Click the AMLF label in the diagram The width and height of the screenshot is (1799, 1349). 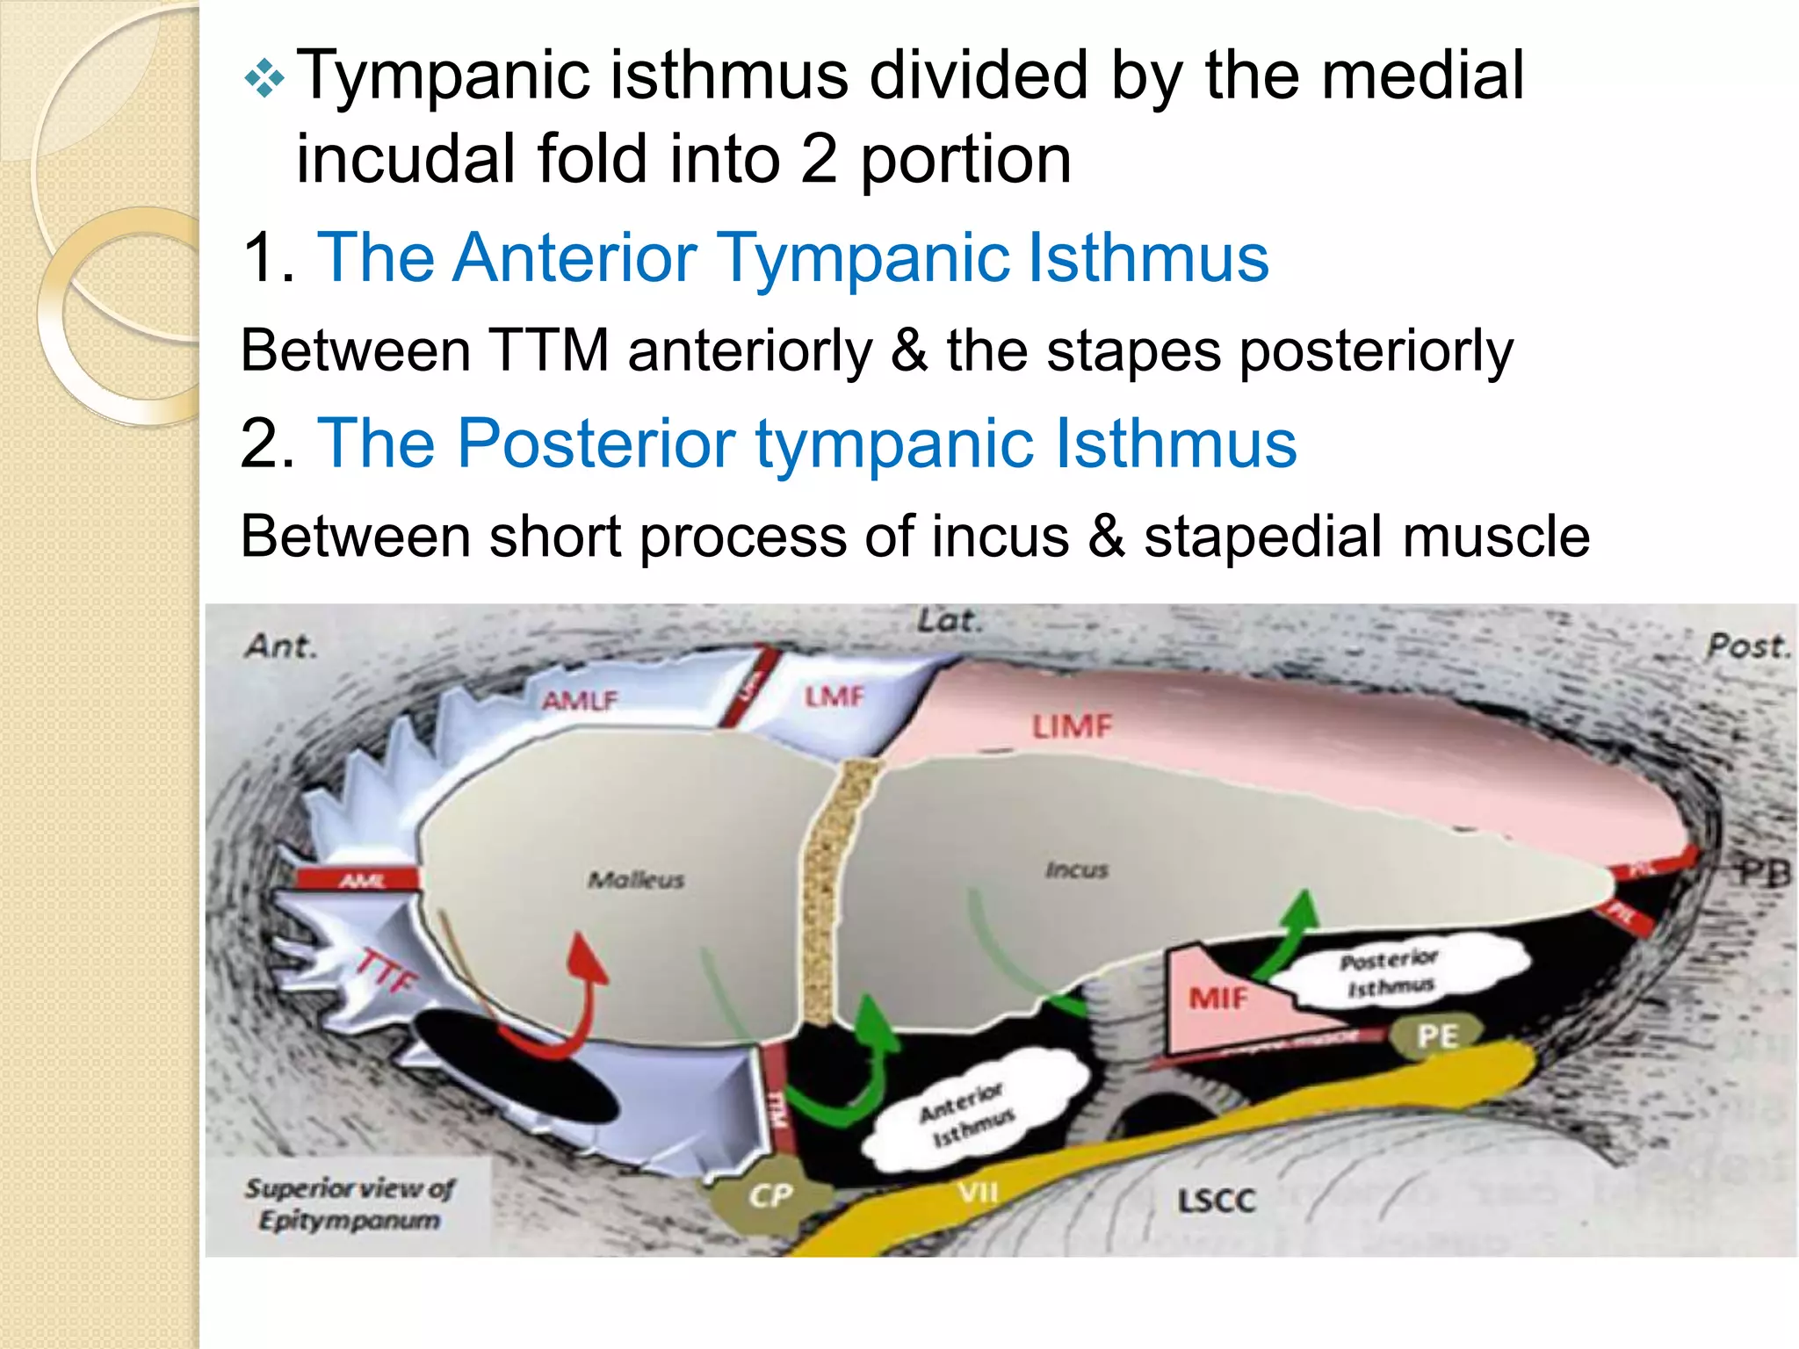pos(580,700)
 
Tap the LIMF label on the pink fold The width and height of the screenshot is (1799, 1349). pos(1071,726)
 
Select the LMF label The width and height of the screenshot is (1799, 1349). pos(834,696)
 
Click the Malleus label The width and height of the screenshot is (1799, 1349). pos(636,879)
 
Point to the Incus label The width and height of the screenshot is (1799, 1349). pos(1077,869)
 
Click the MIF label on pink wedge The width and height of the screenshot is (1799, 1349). pos(1217,999)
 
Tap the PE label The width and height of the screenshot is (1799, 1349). pos(1437,1035)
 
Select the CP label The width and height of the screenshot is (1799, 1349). pos(771,1195)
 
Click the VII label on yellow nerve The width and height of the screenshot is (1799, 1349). pos(978,1192)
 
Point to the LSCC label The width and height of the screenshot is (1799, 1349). pos(1217,1201)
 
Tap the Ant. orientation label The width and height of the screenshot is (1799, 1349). pos(279,646)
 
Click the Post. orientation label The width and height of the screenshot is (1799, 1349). pos(1746,647)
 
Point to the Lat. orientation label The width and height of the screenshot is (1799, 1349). pos(947,620)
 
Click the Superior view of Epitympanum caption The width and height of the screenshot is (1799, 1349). pos(350,1203)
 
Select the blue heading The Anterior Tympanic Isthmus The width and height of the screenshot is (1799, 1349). pos(792,257)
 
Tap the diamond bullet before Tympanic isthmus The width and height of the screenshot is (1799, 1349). pos(264,81)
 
